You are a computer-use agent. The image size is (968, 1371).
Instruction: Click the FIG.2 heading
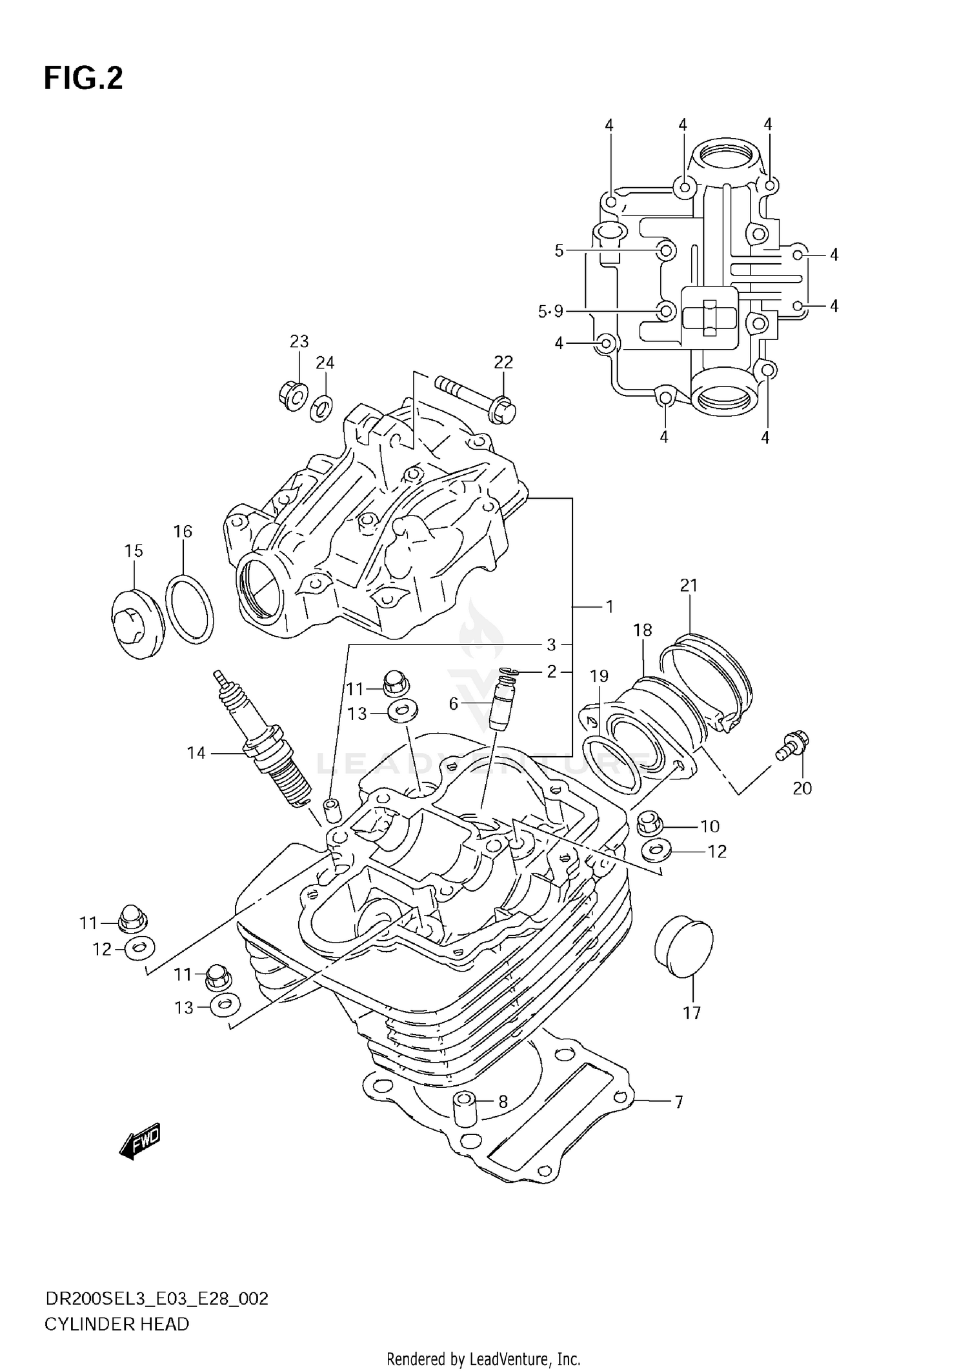click(x=83, y=79)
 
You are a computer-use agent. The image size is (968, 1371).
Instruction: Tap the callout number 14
click(x=196, y=753)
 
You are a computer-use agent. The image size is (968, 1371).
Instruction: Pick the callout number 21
click(x=689, y=585)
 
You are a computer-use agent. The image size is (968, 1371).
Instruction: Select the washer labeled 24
click(x=322, y=408)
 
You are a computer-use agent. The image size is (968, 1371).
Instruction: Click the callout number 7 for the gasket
click(x=678, y=1103)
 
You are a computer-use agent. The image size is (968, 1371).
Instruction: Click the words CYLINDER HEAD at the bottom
click(x=117, y=1324)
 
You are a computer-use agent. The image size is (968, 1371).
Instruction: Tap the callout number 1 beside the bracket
click(x=609, y=606)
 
